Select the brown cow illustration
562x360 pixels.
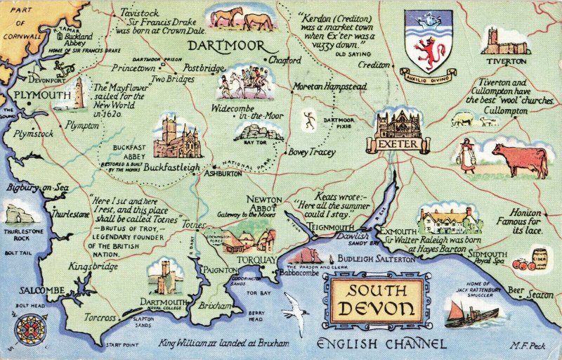(520, 160)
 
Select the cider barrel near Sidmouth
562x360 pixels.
(539, 259)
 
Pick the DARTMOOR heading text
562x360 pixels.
(226, 46)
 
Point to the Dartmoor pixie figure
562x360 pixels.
(310, 120)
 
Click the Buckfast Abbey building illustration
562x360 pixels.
(176, 137)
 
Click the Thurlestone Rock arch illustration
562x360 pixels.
(20, 214)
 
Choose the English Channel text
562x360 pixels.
(381, 344)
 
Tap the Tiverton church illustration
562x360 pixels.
(505, 41)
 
